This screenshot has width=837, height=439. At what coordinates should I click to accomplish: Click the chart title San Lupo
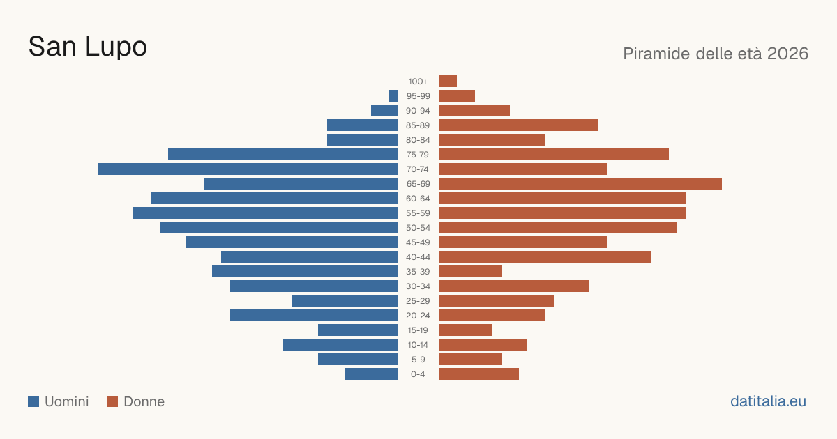(88, 47)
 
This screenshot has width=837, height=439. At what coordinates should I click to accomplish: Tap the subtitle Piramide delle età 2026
(716, 54)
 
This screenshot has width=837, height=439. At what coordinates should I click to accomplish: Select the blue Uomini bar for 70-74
(248, 169)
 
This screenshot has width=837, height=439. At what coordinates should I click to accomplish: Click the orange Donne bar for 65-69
(580, 184)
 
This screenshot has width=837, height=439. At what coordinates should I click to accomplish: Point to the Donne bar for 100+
(448, 81)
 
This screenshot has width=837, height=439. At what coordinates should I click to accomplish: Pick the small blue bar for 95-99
(393, 96)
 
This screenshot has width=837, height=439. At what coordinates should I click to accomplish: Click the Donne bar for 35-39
(470, 271)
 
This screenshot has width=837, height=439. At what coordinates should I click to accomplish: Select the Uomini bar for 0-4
(371, 374)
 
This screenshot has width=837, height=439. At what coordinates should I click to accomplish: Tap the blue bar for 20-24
(314, 316)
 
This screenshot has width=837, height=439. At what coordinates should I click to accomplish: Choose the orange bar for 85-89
(519, 125)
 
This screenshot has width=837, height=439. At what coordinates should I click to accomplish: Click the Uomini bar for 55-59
(265, 213)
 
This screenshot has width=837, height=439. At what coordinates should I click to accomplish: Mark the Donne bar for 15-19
(466, 330)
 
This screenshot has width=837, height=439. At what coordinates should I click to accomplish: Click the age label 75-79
(418, 155)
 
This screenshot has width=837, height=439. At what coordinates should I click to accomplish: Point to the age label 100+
(418, 82)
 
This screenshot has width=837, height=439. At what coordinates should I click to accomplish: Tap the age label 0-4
(418, 374)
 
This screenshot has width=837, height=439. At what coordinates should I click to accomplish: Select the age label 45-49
(418, 242)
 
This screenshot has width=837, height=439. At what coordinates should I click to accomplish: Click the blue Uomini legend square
(33, 401)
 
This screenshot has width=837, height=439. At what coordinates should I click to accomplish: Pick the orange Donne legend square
(112, 401)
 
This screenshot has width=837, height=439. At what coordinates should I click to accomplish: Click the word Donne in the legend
(144, 401)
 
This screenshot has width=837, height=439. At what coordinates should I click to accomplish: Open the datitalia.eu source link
(768, 401)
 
